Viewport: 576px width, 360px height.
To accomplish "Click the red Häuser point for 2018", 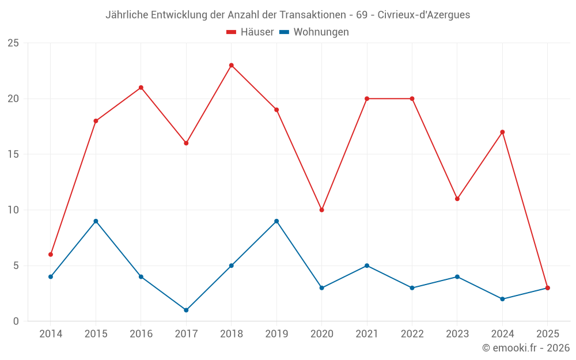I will (x=232, y=65).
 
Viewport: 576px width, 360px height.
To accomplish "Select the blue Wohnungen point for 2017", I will (x=186, y=310).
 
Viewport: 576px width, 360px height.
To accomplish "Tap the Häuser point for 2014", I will (x=51, y=254).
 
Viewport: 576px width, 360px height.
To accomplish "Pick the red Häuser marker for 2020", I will (x=321, y=210).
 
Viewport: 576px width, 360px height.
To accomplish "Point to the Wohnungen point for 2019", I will (x=276, y=221).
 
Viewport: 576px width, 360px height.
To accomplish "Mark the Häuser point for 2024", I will (x=502, y=132).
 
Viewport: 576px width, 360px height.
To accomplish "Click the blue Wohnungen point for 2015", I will (x=96, y=221).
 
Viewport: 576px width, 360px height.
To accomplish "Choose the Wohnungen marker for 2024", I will (x=502, y=299).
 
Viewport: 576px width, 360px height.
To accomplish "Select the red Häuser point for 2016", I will (x=141, y=88).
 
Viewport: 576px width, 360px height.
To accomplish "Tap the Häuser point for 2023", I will (x=457, y=199).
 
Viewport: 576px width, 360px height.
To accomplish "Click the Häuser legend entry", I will (x=250, y=32).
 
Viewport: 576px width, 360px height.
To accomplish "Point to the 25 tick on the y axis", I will (x=13, y=43).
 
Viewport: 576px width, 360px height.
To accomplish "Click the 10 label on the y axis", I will (x=13, y=210).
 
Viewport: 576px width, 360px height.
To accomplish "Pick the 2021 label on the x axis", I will (x=367, y=334).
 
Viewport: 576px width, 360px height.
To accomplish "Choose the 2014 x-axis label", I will (x=51, y=334).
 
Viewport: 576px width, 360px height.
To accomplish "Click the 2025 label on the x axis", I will (x=548, y=334).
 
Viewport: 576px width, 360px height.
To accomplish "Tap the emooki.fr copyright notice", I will (x=526, y=348).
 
